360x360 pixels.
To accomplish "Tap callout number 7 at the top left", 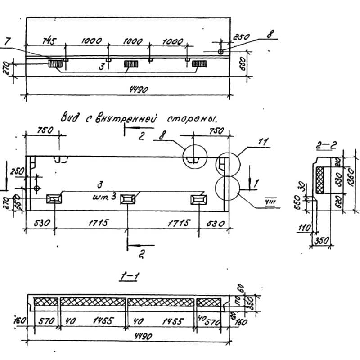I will tap(6, 42).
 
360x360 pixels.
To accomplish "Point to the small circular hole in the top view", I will tap(221, 52).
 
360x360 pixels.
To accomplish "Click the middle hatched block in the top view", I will tap(131, 64).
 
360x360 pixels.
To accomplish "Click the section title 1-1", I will tap(129, 277).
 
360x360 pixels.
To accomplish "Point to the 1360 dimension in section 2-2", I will tap(351, 176).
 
